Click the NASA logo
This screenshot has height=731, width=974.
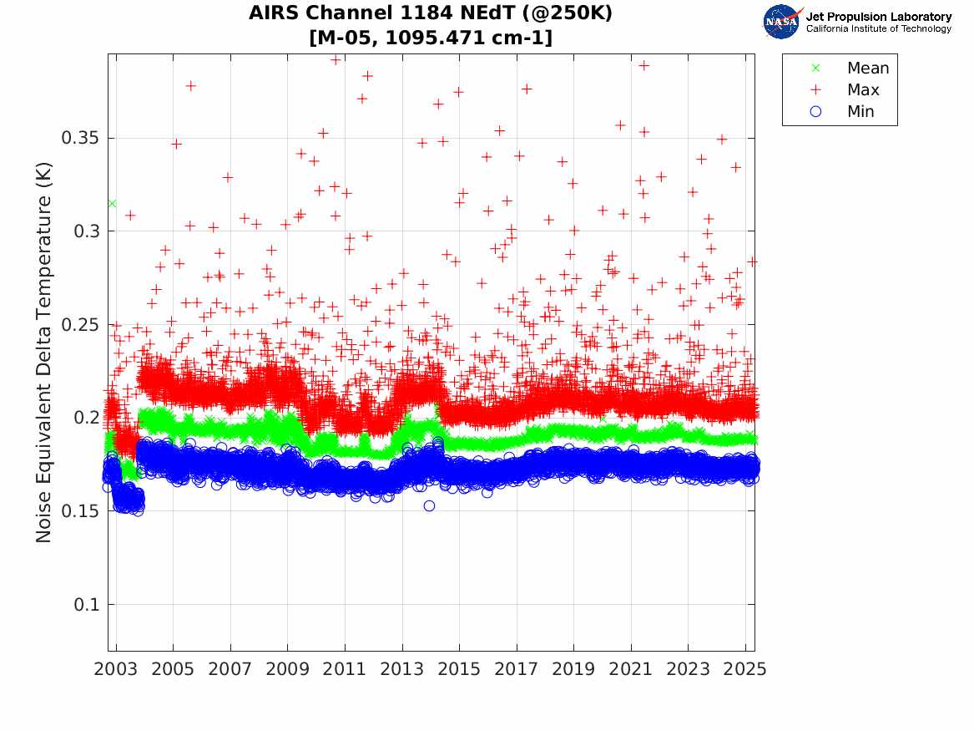pyautogui.click(x=782, y=22)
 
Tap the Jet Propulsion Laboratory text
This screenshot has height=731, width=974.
pyautogui.click(x=878, y=17)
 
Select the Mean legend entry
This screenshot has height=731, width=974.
pyautogui.click(x=867, y=69)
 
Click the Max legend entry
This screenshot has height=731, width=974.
pyautogui.click(x=862, y=90)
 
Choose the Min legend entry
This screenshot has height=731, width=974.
pyautogui.click(x=860, y=112)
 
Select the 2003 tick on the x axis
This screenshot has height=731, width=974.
pyautogui.click(x=116, y=669)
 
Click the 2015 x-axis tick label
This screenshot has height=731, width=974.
pyautogui.click(x=459, y=669)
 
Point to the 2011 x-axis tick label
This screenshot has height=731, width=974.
pyautogui.click(x=345, y=669)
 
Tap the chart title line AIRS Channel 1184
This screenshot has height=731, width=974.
pyautogui.click(x=431, y=14)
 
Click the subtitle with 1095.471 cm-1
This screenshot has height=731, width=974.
pyautogui.click(x=431, y=38)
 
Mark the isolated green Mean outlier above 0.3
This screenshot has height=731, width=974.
pyautogui.click(x=112, y=203)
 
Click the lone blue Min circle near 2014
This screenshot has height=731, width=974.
pyautogui.click(x=429, y=505)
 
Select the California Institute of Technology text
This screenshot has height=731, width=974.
pyautogui.click(x=878, y=29)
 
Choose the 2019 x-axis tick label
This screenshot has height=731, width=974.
pyautogui.click(x=573, y=669)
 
